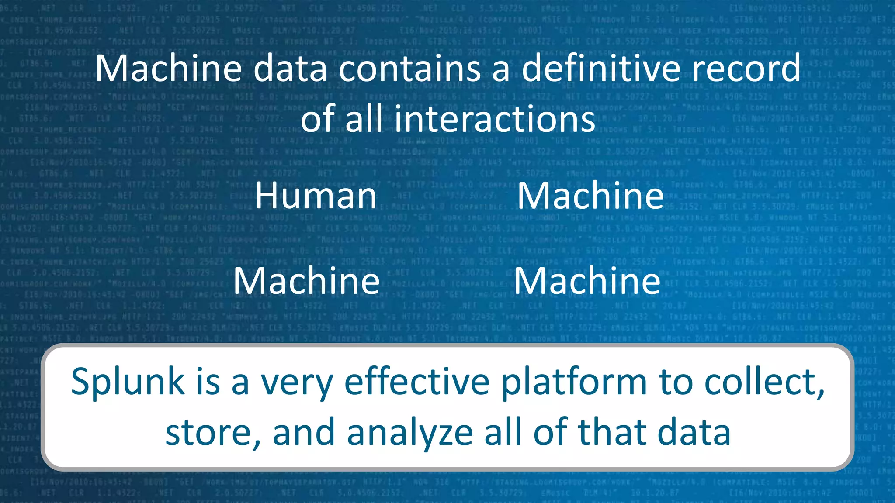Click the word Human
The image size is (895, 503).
(x=316, y=196)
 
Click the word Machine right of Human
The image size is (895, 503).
(x=590, y=196)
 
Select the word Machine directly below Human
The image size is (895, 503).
(x=306, y=281)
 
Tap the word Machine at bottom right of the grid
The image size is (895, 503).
(x=586, y=281)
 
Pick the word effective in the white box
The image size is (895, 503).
(x=417, y=382)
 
